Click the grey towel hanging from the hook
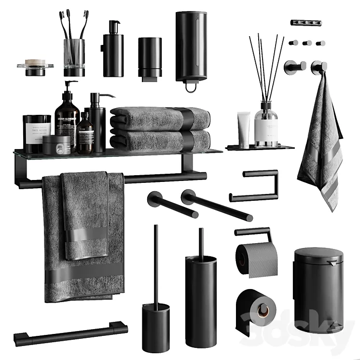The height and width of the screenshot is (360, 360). pyautogui.click(x=320, y=145)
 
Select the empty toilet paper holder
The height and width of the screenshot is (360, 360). pyautogui.click(x=256, y=186)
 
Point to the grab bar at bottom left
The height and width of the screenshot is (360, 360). pyautogui.click(x=70, y=333)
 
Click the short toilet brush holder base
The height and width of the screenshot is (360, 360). pyautogui.click(x=155, y=324)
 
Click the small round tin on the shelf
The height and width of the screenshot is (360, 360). pyautogui.click(x=56, y=145)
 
